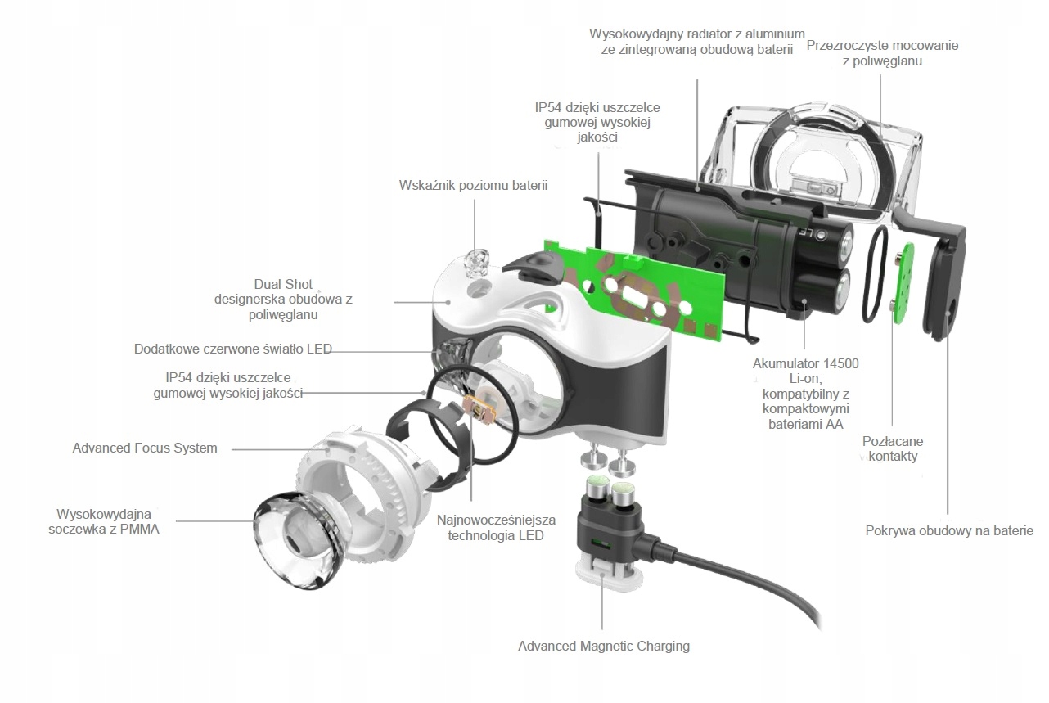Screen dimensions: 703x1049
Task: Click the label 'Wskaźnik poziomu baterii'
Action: [473, 185]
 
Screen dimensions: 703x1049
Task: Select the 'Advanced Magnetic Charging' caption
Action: [603, 646]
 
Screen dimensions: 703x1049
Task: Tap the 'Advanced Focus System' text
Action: [145, 448]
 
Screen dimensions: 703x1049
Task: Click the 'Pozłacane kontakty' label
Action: [889, 448]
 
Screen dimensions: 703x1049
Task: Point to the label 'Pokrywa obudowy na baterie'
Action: [949, 531]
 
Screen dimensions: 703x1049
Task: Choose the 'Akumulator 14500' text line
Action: [805, 363]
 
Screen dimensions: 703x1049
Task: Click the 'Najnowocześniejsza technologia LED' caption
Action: [496, 528]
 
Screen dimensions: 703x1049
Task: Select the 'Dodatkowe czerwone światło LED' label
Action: [233, 349]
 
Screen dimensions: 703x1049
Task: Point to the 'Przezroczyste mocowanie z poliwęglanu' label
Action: [882, 53]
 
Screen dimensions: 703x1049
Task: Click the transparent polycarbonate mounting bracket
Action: [818, 155]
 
